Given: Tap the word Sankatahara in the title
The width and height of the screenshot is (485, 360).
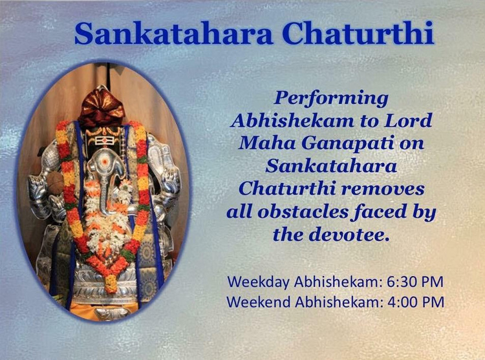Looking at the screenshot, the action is pyautogui.click(x=173, y=33).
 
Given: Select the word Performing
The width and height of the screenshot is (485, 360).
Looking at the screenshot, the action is pyautogui.click(x=331, y=99).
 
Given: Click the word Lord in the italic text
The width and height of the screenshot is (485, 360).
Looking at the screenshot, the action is pyautogui.click(x=408, y=120).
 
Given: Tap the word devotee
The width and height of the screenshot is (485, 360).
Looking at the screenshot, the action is pyautogui.click(x=349, y=235).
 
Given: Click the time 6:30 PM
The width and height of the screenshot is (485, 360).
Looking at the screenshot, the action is pyautogui.click(x=415, y=282).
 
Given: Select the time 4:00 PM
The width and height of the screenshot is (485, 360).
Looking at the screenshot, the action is pyautogui.click(x=416, y=302).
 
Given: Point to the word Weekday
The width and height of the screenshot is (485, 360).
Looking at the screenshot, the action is pyautogui.click(x=259, y=282).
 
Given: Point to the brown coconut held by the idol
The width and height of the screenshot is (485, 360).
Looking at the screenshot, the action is pyautogui.click(x=55, y=183).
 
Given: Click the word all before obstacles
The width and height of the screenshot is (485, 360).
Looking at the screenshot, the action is pyautogui.click(x=240, y=212).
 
